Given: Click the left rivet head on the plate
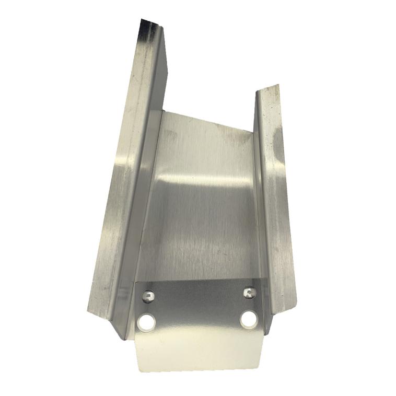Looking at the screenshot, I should [149, 296].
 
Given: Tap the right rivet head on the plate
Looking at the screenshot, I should [250, 292].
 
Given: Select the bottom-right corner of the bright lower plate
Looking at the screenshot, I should [261, 365].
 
